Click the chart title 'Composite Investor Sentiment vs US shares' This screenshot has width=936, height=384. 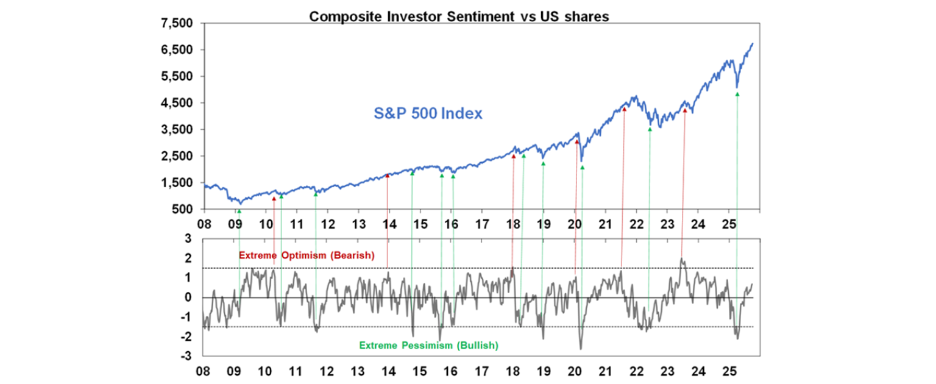(459, 16)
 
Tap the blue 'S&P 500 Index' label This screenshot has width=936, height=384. (428, 113)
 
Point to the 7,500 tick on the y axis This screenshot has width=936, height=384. (177, 24)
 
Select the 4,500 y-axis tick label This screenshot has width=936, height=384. (177, 103)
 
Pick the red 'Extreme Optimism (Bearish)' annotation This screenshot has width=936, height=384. (305, 255)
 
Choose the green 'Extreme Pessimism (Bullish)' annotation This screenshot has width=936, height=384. (428, 346)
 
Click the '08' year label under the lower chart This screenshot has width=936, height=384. (204, 369)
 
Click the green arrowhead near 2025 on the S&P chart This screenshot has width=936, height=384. (737, 94)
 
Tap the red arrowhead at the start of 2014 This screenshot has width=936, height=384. (387, 176)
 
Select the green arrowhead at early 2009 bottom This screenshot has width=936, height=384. (239, 212)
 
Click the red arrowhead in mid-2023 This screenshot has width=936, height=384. (685, 110)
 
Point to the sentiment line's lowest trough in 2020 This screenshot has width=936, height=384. (581, 349)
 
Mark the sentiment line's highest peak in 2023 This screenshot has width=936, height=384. (681, 258)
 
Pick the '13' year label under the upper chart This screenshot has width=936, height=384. (358, 222)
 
